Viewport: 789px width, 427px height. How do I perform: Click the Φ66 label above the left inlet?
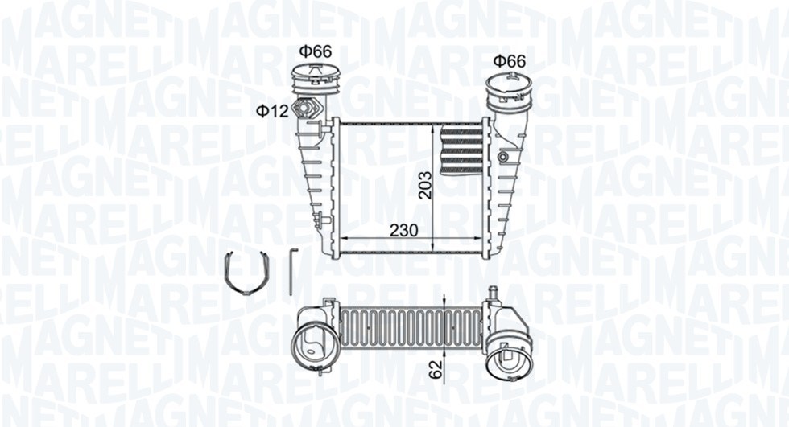315,51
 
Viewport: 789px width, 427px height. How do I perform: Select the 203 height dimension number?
425,185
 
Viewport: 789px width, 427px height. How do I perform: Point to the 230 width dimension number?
403,230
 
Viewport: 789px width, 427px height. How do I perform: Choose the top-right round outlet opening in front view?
509,87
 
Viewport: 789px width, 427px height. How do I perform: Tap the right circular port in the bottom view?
510,351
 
